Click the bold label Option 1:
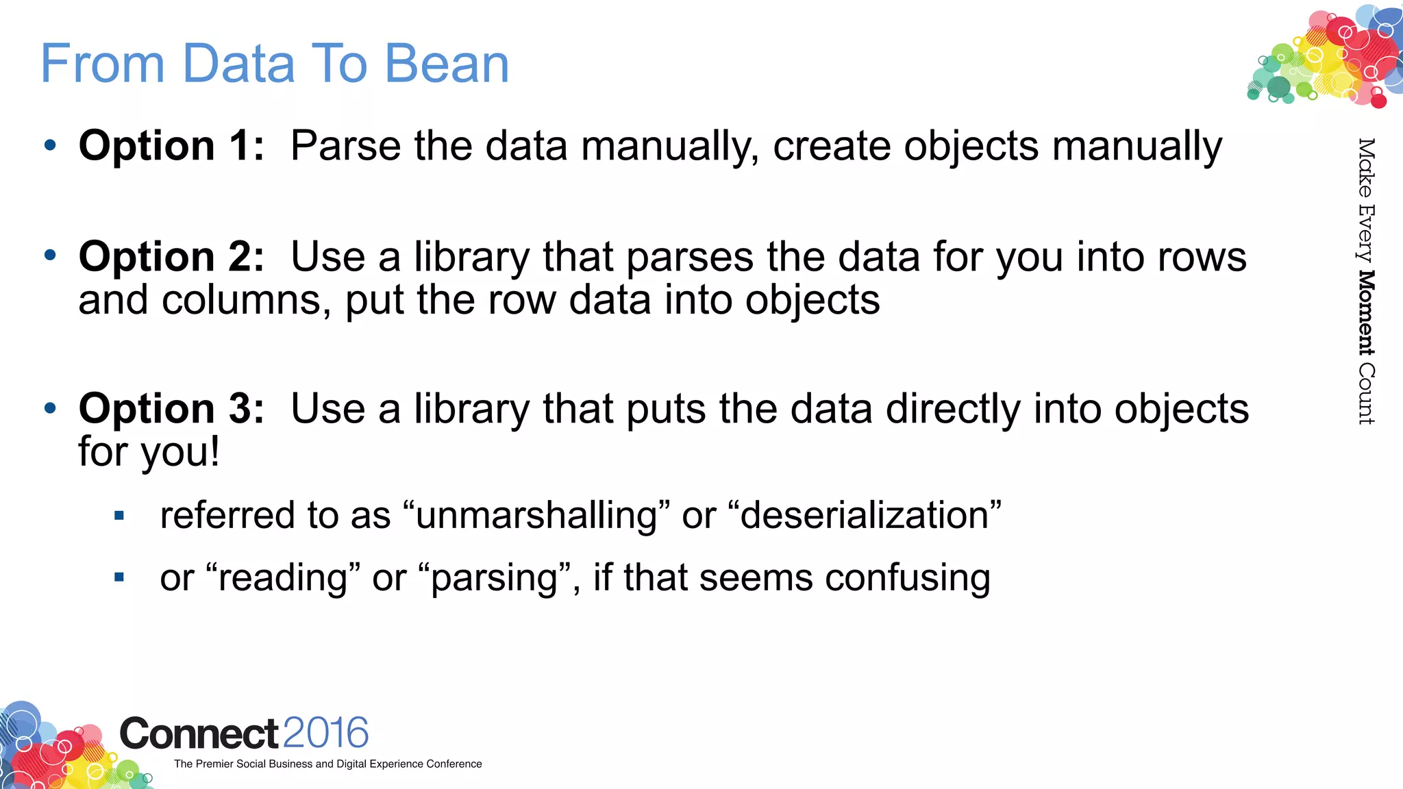click(x=171, y=146)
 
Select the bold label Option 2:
click(x=171, y=257)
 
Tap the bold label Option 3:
click(x=171, y=409)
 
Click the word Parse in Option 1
click(x=346, y=146)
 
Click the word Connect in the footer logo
click(x=199, y=734)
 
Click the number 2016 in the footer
click(x=325, y=733)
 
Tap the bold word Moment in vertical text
click(x=1366, y=312)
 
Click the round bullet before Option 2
click(x=50, y=256)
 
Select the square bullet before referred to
click(x=119, y=516)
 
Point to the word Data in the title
click(x=239, y=64)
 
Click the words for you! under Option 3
click(x=149, y=452)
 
